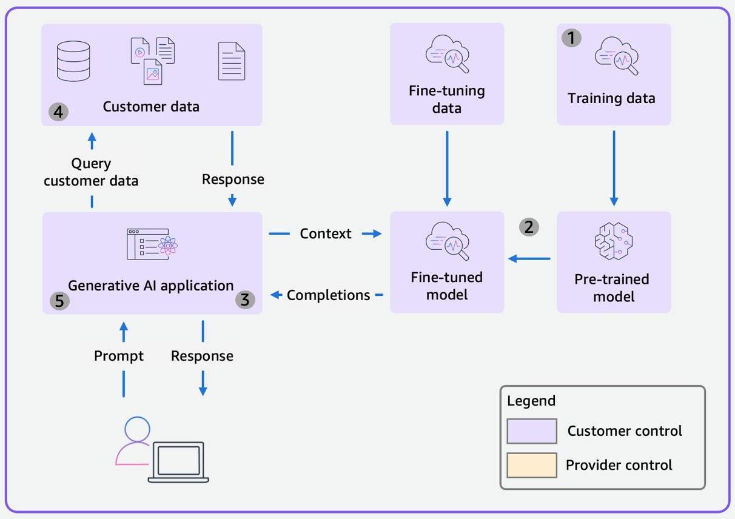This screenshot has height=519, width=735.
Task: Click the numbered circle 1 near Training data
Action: (571, 39)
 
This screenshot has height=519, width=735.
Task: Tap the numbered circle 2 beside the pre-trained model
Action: (529, 227)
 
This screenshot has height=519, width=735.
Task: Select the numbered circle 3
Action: (245, 300)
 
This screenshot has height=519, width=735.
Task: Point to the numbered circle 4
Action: (59, 112)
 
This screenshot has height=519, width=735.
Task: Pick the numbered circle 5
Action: (59, 301)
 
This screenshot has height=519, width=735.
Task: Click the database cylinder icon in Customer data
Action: (73, 61)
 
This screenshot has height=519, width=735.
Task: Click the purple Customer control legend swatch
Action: (532, 431)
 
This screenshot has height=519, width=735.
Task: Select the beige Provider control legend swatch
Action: (532, 465)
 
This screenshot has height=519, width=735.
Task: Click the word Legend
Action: (531, 401)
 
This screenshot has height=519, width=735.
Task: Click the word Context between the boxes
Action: (326, 233)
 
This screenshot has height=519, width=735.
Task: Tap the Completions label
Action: (328, 295)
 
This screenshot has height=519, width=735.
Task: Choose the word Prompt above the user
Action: (119, 356)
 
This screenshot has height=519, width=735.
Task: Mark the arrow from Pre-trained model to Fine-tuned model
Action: (529, 259)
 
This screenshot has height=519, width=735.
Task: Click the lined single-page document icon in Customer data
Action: (232, 61)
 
